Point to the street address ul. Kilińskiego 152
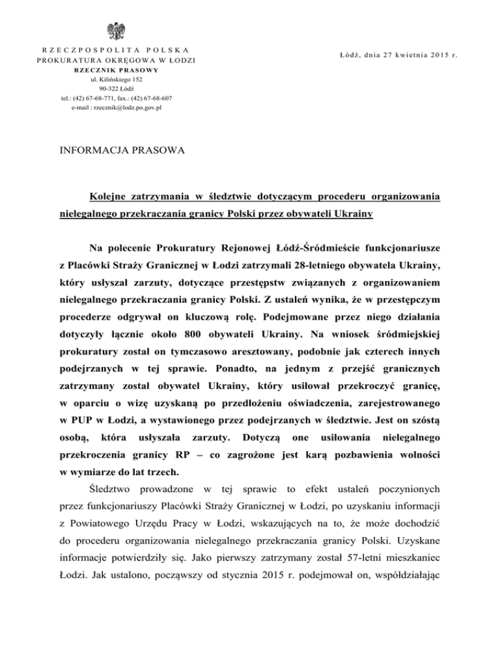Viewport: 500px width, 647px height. point(118,79)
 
